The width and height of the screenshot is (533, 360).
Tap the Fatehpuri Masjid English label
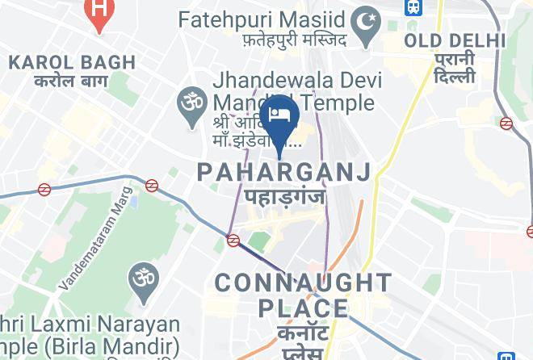coord(262,18)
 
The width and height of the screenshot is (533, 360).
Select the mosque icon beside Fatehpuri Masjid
coord(369,18)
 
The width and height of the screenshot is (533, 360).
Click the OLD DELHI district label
coord(455,40)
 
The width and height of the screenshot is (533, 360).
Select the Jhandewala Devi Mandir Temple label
coord(292,92)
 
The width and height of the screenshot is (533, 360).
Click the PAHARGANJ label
coord(284,171)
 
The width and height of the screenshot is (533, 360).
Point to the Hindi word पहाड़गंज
coord(283,196)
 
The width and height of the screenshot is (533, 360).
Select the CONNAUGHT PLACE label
coord(303,295)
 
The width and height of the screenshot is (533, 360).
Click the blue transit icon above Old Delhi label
coord(413,7)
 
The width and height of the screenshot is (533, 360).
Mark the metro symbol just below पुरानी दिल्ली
coord(506,123)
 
